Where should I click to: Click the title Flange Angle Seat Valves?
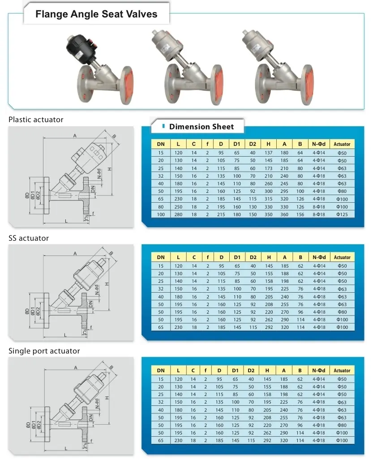(96, 14)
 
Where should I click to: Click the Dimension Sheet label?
(201, 127)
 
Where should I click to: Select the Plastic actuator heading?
(36, 119)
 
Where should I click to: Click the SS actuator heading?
(29, 238)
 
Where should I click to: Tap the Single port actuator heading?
(44, 351)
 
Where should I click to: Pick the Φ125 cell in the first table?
(342, 215)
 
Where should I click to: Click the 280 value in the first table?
(178, 215)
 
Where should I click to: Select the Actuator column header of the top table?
(342, 145)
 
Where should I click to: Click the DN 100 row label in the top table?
(161, 215)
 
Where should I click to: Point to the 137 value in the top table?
(268, 153)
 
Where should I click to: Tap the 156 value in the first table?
(300, 215)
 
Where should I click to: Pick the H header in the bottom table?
(269, 371)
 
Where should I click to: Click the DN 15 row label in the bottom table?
(161, 379)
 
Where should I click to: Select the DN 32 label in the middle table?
(161, 289)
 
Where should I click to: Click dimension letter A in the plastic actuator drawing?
(74, 136)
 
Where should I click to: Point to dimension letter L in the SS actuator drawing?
(66, 334)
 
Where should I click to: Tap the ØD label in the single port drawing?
(27, 424)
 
